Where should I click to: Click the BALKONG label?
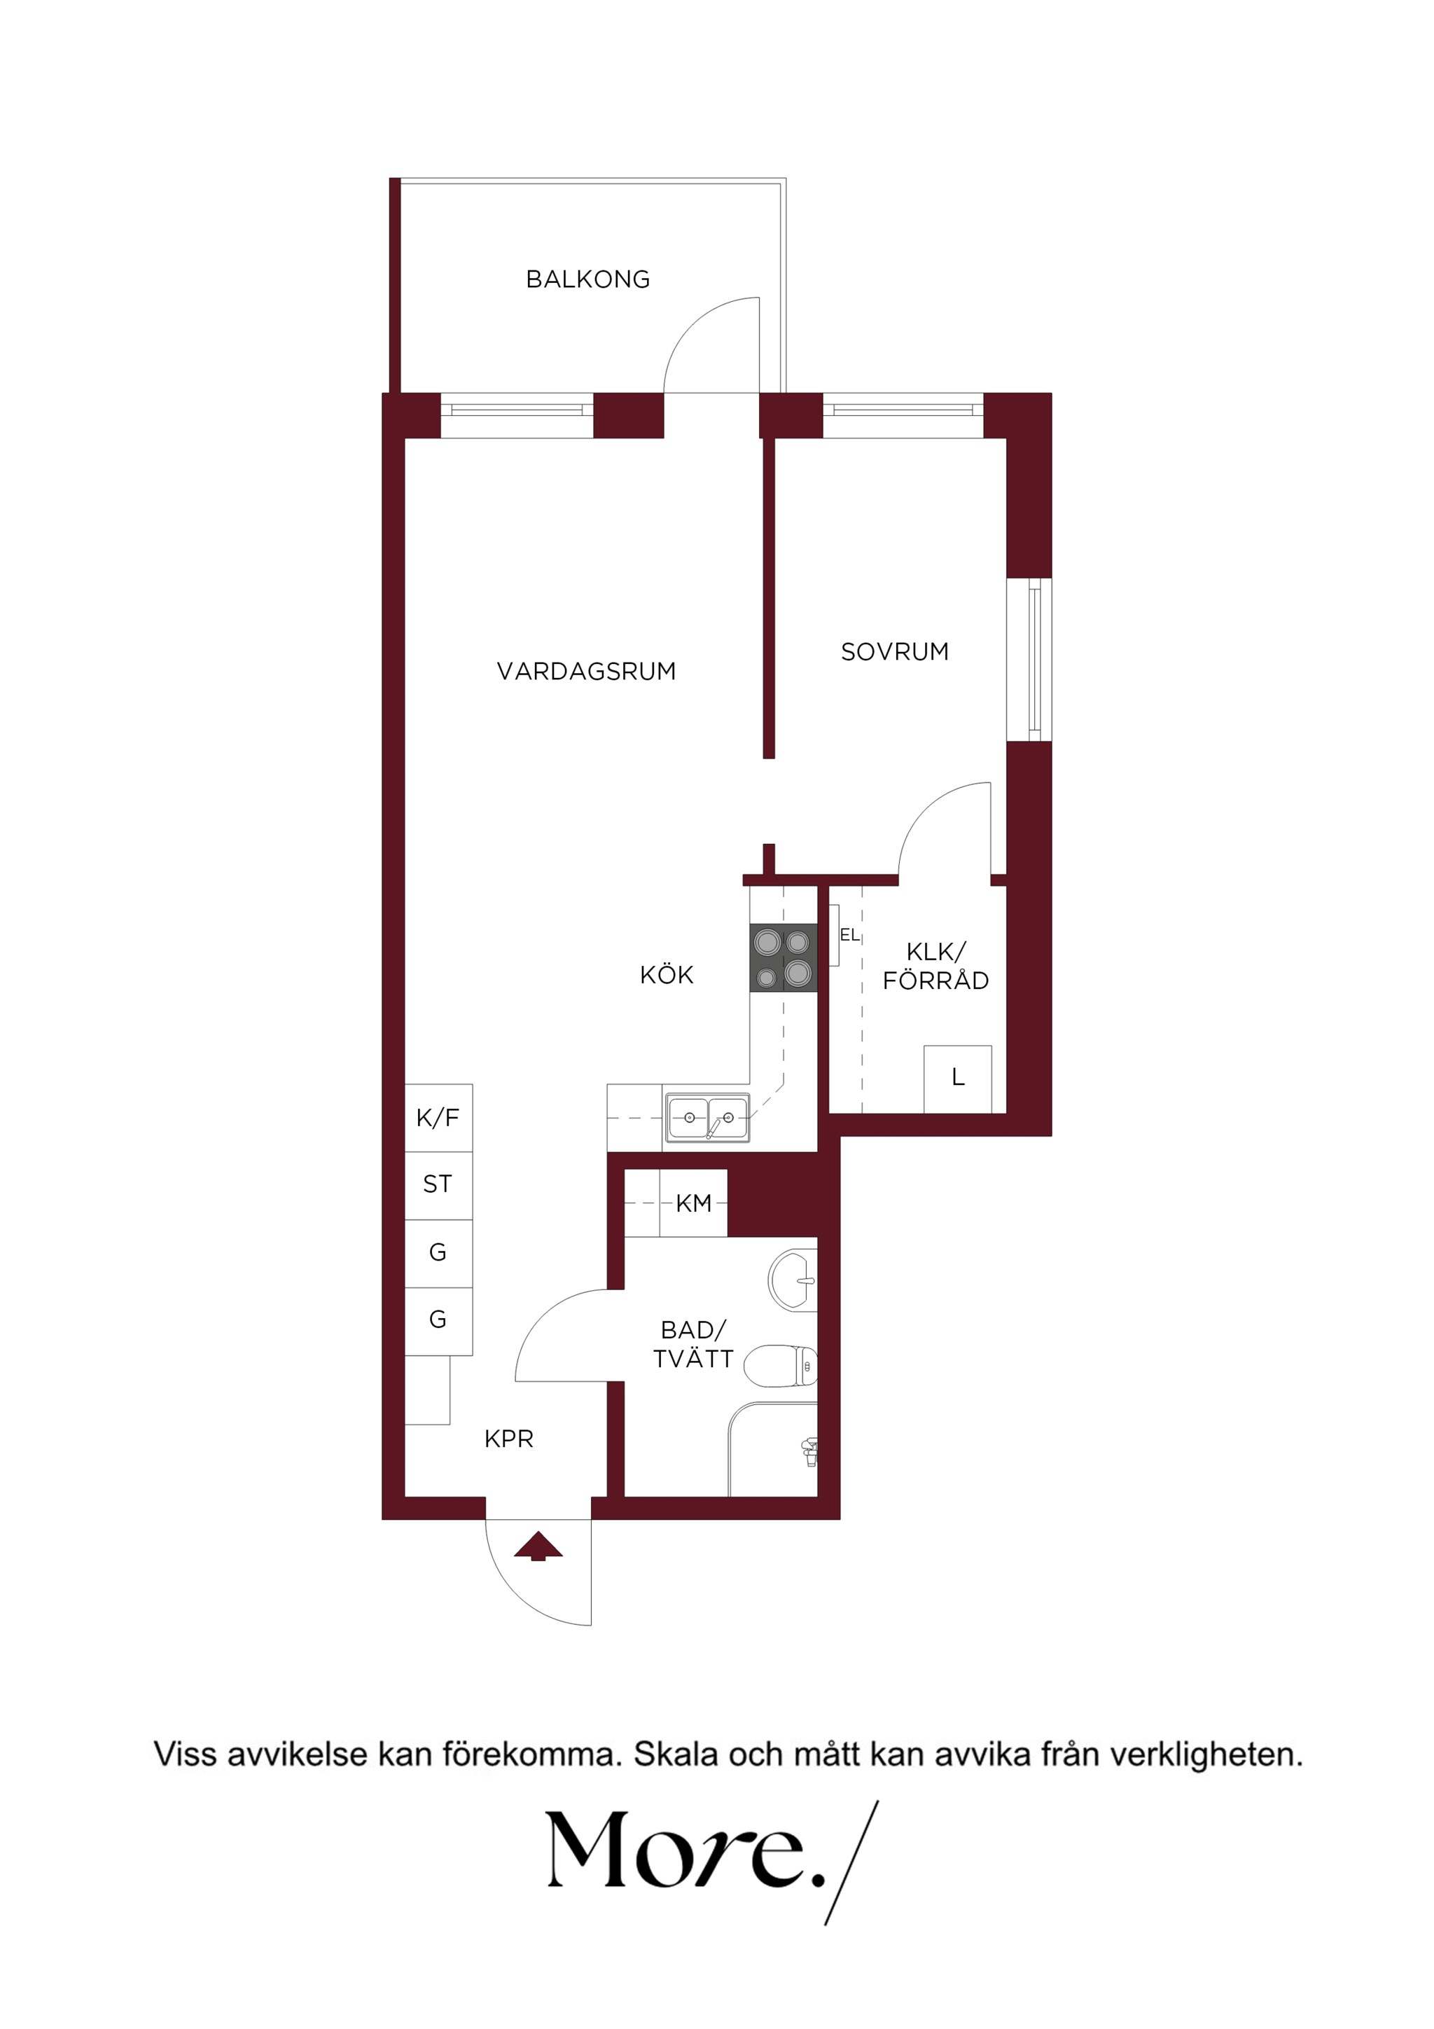coord(587,279)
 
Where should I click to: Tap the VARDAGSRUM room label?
coord(586,672)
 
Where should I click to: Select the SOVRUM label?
coord(894,652)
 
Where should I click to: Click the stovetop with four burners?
coord(784,958)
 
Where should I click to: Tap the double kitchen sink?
coord(706,1119)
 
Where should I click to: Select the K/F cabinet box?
coord(438,1118)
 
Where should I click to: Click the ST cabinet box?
coord(438,1186)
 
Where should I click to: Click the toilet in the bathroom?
coord(780,1366)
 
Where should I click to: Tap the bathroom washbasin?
coord(793,1280)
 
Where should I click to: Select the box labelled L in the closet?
coord(958,1079)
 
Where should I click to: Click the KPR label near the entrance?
coord(509,1439)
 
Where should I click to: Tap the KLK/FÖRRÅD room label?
coord(935,966)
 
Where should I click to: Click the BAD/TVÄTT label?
coord(694,1344)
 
